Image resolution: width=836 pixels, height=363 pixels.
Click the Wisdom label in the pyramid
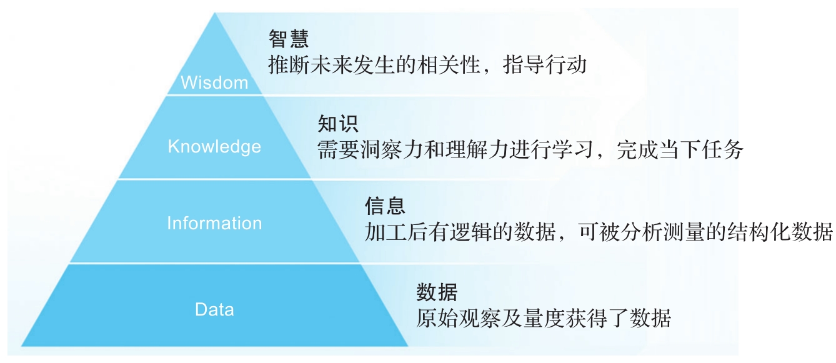214,82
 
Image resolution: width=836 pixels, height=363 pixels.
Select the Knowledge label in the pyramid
214,147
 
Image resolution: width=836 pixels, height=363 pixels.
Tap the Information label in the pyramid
214,223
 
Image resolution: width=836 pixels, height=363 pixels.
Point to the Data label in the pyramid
214,310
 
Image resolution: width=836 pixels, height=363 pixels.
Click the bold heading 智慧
289,39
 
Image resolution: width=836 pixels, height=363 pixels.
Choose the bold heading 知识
338,124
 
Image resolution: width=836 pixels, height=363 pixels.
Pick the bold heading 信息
385,206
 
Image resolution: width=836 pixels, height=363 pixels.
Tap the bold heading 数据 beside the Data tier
437,292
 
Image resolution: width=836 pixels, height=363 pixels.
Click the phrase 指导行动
545,65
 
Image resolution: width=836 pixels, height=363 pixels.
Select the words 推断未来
311,65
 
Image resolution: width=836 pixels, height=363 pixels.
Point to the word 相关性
449,65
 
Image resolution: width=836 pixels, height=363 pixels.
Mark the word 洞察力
392,150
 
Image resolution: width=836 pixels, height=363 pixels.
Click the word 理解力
477,150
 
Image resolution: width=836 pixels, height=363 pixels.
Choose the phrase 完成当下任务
680,150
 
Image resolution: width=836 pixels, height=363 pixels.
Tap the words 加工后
396,232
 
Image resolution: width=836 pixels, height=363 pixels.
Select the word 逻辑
470,232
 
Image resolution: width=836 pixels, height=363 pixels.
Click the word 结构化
758,232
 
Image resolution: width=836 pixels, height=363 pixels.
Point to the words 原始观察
459,318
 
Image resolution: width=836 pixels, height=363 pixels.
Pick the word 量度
544,318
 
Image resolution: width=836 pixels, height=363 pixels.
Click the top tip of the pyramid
214,13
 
